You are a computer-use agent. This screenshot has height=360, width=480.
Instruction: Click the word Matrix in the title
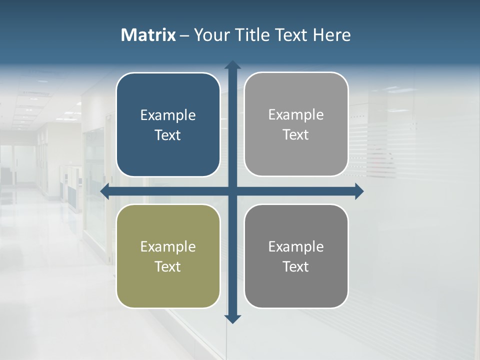click(148, 35)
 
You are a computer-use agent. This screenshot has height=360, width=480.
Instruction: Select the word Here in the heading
click(332, 35)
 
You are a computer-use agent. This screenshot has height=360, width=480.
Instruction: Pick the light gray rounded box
click(296, 90)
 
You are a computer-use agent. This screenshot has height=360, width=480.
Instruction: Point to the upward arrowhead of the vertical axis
click(232, 64)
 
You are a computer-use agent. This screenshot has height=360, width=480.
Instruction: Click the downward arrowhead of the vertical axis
click(232, 319)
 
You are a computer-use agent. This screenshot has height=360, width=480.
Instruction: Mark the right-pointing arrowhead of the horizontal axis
click(359, 191)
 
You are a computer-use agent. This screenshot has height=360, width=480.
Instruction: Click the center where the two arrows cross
click(232, 191)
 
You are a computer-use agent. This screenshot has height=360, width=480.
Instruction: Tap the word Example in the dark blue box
click(168, 115)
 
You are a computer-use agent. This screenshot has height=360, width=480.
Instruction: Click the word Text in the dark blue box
click(168, 135)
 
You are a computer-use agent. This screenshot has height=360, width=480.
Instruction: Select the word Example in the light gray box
click(296, 115)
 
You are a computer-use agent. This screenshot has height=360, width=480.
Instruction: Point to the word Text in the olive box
click(168, 266)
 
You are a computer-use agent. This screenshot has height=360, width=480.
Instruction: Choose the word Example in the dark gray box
click(296, 246)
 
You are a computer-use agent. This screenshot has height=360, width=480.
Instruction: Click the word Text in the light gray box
click(296, 134)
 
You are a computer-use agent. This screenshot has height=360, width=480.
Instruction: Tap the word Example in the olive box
click(168, 246)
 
